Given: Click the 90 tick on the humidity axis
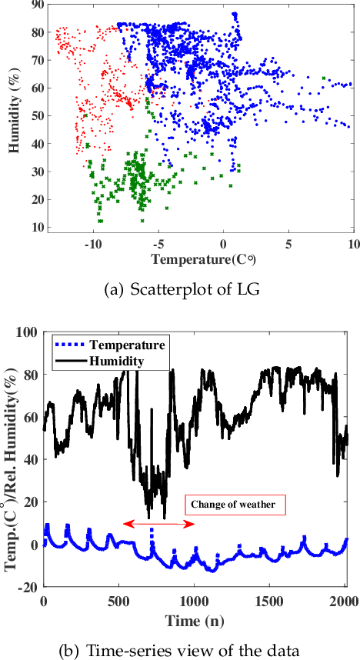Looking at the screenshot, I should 36,5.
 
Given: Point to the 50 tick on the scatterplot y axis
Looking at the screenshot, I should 36,116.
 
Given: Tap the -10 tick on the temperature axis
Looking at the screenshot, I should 92,244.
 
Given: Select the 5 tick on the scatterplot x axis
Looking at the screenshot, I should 288,244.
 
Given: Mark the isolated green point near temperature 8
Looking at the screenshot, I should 324,78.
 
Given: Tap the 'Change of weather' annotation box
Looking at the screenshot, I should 235,505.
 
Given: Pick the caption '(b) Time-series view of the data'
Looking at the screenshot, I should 178,650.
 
